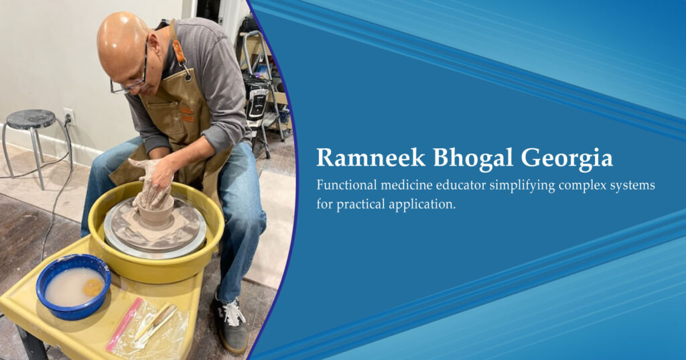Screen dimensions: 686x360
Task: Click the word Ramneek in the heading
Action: click(x=370, y=158)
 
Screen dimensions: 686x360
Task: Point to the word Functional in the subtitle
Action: click(x=346, y=185)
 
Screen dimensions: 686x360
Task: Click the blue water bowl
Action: click(x=73, y=286)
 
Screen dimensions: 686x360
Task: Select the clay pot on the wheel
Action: click(x=155, y=215)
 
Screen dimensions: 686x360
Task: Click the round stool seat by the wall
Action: click(x=31, y=119)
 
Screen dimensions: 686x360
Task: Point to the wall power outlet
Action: click(x=69, y=117)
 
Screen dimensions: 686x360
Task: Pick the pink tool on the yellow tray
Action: click(x=124, y=324)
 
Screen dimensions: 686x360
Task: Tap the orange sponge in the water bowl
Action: click(x=94, y=288)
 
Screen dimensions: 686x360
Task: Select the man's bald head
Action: click(x=122, y=42)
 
